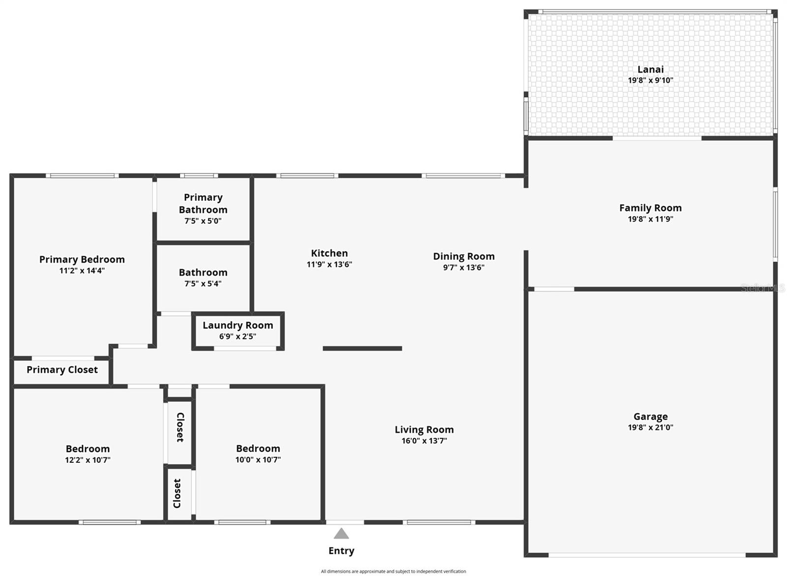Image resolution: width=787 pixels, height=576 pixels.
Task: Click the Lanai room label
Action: point(650,69)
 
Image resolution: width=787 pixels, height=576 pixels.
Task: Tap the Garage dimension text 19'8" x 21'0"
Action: point(650,427)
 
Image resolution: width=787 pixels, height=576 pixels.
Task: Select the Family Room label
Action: point(650,208)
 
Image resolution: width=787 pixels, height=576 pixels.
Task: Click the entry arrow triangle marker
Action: point(341,534)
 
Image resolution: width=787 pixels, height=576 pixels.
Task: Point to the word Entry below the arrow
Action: point(341,550)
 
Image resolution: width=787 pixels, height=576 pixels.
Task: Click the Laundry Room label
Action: point(238,325)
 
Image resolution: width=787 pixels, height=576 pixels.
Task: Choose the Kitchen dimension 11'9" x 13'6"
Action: point(329,265)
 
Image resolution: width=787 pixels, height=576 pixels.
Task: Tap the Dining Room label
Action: point(463,256)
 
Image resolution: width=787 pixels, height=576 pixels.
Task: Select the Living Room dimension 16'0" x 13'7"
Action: point(424,441)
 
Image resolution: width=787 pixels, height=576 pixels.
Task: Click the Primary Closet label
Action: point(62,370)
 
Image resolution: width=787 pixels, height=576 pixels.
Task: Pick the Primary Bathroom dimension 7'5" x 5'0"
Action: point(203,221)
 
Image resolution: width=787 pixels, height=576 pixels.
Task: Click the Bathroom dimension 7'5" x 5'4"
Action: point(203,284)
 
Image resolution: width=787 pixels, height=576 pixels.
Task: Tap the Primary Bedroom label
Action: point(82,259)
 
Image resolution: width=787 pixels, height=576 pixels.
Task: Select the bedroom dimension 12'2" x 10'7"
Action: point(88,460)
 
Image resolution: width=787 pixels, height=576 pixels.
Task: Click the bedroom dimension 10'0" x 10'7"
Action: point(258,460)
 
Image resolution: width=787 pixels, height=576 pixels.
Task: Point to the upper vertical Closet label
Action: point(180,427)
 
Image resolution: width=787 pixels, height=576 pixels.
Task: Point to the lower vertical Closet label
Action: point(177,493)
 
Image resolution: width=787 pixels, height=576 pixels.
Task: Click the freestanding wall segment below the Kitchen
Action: point(362,348)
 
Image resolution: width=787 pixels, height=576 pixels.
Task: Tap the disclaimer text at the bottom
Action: point(393,571)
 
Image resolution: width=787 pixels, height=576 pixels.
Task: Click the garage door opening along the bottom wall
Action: point(647,555)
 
